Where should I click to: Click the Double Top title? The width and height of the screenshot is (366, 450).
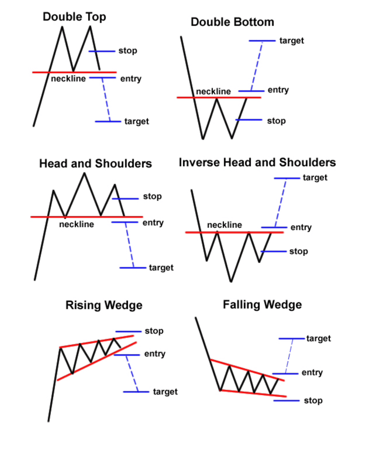(74, 17)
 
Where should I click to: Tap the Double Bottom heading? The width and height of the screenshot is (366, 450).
(232, 22)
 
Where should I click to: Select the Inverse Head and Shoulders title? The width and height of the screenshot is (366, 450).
(257, 162)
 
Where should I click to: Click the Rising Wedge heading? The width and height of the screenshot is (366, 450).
(104, 305)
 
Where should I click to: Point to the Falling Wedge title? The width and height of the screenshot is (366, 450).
(263, 305)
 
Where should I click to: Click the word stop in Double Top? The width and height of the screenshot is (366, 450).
(128, 51)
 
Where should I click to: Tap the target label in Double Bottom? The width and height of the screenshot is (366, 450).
(292, 41)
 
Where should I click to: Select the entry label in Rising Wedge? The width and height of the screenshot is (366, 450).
(155, 354)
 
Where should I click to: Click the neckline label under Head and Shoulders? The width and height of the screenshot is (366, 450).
(76, 224)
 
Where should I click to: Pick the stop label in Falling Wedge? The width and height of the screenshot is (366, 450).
(313, 400)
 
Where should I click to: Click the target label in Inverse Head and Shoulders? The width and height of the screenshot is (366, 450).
(315, 178)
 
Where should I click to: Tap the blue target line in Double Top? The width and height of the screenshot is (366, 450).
(108, 122)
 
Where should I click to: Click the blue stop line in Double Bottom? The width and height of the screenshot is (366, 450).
(249, 120)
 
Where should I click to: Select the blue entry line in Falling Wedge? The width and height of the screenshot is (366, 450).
(286, 374)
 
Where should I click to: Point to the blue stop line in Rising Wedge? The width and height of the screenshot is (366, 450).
(128, 332)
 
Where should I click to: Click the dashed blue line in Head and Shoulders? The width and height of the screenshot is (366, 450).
(130, 245)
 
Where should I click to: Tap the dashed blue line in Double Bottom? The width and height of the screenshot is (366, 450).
(257, 66)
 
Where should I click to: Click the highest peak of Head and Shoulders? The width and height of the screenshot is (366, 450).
(84, 173)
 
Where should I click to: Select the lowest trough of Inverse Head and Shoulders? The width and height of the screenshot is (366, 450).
(231, 281)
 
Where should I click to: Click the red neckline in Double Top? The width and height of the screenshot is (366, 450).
(74, 72)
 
